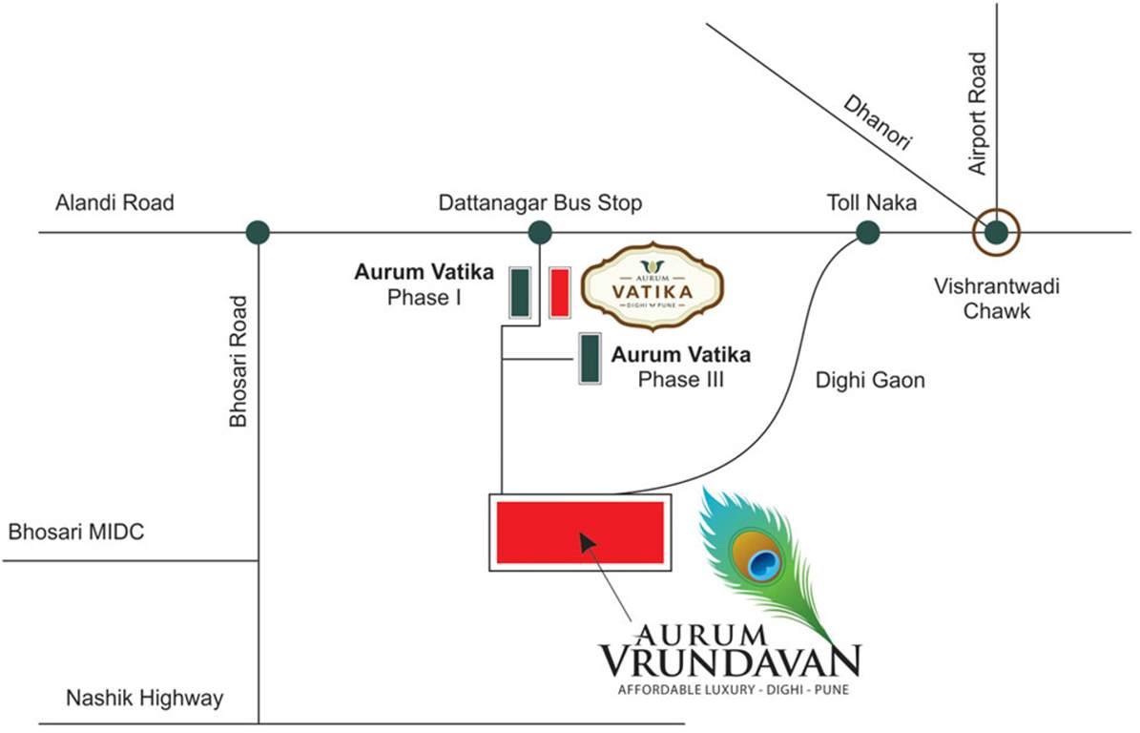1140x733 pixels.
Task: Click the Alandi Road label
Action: click(x=114, y=203)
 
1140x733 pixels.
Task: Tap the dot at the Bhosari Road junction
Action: click(x=258, y=232)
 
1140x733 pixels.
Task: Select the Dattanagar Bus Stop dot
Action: click(x=540, y=232)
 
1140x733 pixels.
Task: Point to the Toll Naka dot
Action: click(x=867, y=232)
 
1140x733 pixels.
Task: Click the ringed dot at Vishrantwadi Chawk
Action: click(x=996, y=232)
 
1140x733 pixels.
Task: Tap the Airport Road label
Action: click(x=977, y=114)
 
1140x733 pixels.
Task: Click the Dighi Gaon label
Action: click(x=870, y=381)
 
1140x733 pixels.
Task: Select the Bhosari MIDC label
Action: click(x=76, y=532)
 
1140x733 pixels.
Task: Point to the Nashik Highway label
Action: click(x=144, y=699)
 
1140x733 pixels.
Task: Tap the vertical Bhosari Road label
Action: click(x=238, y=361)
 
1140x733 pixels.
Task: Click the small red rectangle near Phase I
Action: click(x=560, y=292)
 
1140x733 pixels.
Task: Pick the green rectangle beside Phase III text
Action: click(x=591, y=358)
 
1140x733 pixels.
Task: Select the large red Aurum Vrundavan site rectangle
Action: click(x=580, y=532)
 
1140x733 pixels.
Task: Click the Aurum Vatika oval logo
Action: click(x=653, y=284)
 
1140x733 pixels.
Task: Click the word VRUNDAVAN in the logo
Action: click(x=730, y=660)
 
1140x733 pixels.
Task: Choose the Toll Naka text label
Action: click(x=871, y=203)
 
